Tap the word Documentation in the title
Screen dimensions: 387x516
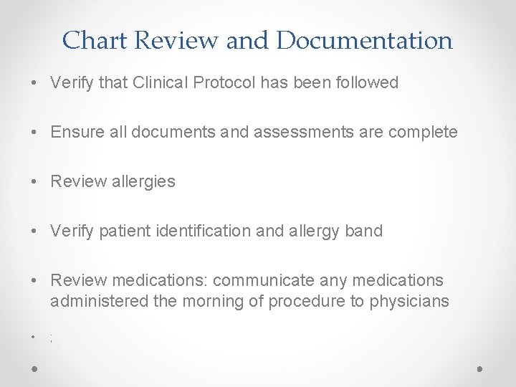point(364,40)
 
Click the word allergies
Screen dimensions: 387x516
point(140,181)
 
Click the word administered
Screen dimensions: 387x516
point(100,301)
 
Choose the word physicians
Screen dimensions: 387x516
point(409,301)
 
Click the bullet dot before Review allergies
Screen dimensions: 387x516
point(35,182)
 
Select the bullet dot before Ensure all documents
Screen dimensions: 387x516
point(35,133)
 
